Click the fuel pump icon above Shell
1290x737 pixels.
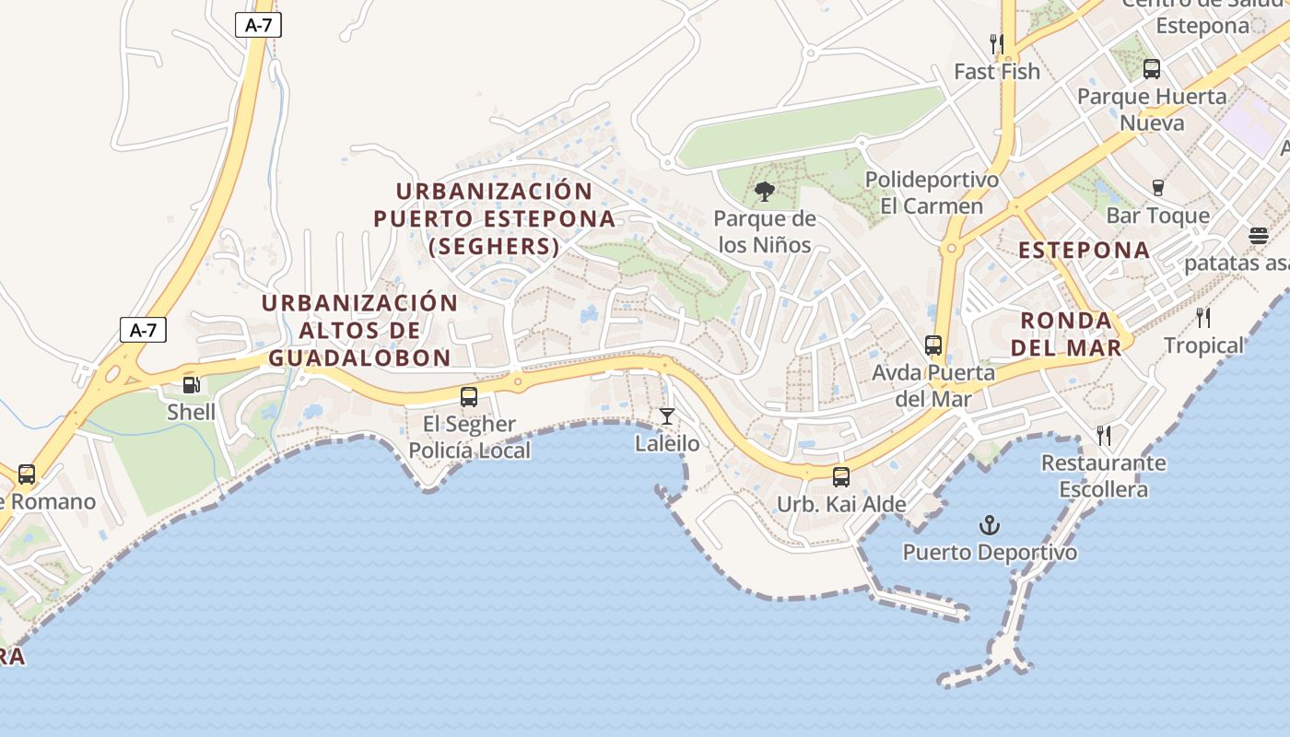[x=191, y=385]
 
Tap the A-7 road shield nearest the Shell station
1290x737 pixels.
[x=143, y=330]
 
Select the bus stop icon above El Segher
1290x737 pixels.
[x=469, y=397]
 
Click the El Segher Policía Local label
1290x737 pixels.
[x=469, y=438]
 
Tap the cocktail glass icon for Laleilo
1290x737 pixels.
[x=666, y=416]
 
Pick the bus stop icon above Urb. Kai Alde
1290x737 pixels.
[x=841, y=477]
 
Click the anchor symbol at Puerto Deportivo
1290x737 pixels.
[x=989, y=526]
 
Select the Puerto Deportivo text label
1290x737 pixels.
[x=990, y=553]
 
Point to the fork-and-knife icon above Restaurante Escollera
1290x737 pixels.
[x=1103, y=435]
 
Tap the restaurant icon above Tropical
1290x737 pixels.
[x=1203, y=318]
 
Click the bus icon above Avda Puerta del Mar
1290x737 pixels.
[x=933, y=345]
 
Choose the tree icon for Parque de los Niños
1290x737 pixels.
[x=764, y=192]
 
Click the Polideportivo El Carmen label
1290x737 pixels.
[x=932, y=193]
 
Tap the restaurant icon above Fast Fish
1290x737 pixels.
[x=996, y=43]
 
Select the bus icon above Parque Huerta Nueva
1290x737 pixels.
[x=1152, y=68]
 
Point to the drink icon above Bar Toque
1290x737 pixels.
[x=1158, y=188]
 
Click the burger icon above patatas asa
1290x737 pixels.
[x=1259, y=236]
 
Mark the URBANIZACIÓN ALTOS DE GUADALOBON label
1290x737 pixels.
[x=359, y=330]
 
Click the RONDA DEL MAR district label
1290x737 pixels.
[x=1071, y=333]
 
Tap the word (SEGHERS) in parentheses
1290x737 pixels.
[x=494, y=247]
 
